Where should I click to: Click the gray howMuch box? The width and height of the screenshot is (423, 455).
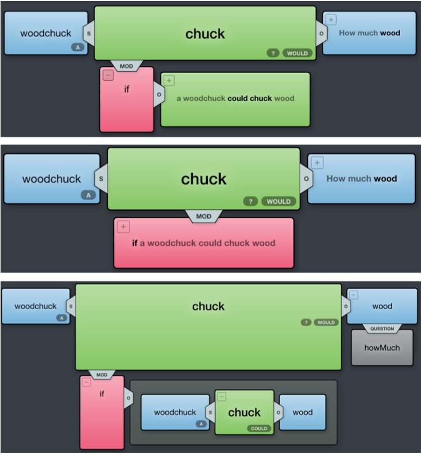coord(382,347)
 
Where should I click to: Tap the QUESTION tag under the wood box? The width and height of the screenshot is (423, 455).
coord(382,329)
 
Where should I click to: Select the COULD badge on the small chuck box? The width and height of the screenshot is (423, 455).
coord(258,428)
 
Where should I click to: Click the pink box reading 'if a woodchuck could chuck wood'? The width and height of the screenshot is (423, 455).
coord(203,243)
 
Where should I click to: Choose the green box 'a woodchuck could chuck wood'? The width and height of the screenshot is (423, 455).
coord(235,99)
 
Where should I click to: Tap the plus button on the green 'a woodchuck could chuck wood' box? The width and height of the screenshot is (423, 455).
coord(169,81)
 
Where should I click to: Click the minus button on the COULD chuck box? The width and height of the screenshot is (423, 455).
coord(222,397)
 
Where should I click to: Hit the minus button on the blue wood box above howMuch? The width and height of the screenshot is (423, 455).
coord(354,295)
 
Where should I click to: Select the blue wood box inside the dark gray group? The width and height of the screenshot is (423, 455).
coord(303,412)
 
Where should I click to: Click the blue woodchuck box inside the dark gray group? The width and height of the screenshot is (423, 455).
coord(174,412)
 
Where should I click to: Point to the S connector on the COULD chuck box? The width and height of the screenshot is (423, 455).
coord(211,412)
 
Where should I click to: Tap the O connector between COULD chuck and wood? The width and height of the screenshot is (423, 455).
coord(277,412)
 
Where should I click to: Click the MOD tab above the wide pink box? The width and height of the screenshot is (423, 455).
coord(203,216)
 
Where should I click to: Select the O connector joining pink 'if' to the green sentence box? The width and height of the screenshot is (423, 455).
coord(159,94)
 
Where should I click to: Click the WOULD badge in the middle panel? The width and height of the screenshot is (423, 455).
coord(278,201)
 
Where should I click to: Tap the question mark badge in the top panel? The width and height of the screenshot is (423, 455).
coord(272,53)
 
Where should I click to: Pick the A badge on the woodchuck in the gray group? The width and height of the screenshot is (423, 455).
coord(201,424)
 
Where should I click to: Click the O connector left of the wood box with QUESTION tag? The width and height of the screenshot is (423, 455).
coord(346,306)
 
